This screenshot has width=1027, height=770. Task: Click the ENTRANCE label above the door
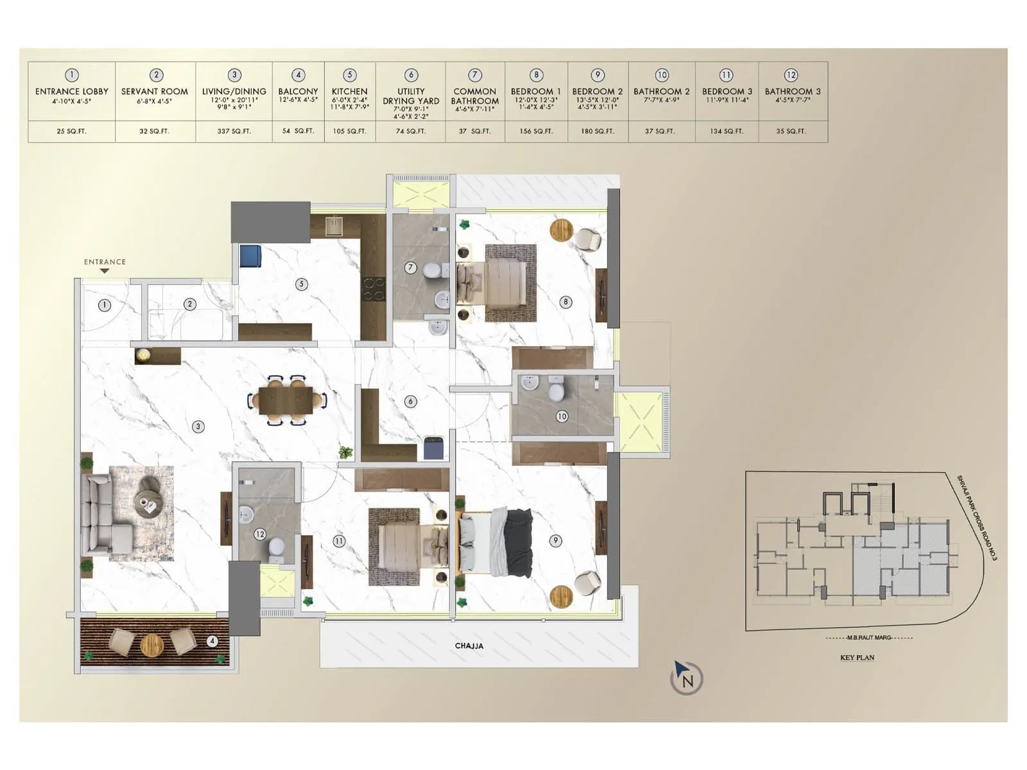click(105, 262)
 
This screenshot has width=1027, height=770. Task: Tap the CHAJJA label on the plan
click(469, 646)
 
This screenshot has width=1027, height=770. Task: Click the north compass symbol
click(686, 678)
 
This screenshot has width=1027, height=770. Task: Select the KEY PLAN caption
click(857, 658)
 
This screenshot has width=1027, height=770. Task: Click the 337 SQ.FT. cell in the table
click(234, 131)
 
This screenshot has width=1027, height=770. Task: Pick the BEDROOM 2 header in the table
click(597, 92)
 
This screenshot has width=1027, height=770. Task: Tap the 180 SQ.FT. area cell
click(597, 131)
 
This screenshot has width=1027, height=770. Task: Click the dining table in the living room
click(287, 400)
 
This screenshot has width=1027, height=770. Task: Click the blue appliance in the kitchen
click(250, 256)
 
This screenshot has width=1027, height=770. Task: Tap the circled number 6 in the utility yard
click(411, 402)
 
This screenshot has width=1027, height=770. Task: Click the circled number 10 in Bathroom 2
click(562, 416)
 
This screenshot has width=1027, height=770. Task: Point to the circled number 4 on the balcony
click(212, 640)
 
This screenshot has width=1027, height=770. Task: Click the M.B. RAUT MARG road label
click(870, 638)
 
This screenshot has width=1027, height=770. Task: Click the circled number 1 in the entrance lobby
click(104, 305)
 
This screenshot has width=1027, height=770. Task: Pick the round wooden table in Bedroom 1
click(561, 230)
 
